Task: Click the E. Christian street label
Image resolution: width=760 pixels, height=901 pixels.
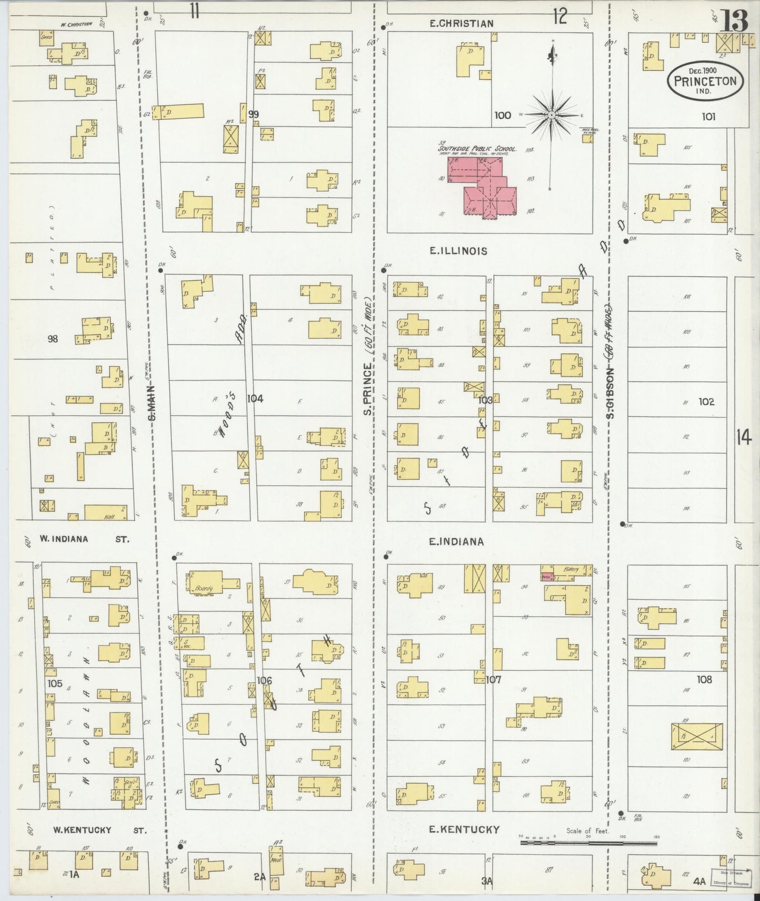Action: (461, 24)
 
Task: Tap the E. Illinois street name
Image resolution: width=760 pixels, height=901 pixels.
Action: (458, 251)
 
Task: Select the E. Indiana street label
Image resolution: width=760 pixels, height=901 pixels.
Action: (456, 541)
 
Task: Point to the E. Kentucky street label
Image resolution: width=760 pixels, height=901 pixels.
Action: (463, 830)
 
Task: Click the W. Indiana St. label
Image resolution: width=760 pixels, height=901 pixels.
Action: (84, 539)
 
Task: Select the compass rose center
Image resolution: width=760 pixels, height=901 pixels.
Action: (552, 115)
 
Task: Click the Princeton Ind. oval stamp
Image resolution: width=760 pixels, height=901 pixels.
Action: (705, 81)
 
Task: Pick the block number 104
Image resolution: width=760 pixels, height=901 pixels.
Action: (255, 398)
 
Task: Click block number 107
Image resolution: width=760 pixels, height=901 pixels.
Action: (493, 680)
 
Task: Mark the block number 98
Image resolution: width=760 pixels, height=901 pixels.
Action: (52, 339)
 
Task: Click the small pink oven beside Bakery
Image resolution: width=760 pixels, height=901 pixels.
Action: (547, 577)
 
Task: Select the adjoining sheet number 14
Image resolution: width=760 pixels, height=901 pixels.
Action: (744, 437)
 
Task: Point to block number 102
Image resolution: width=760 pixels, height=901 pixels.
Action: (706, 402)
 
